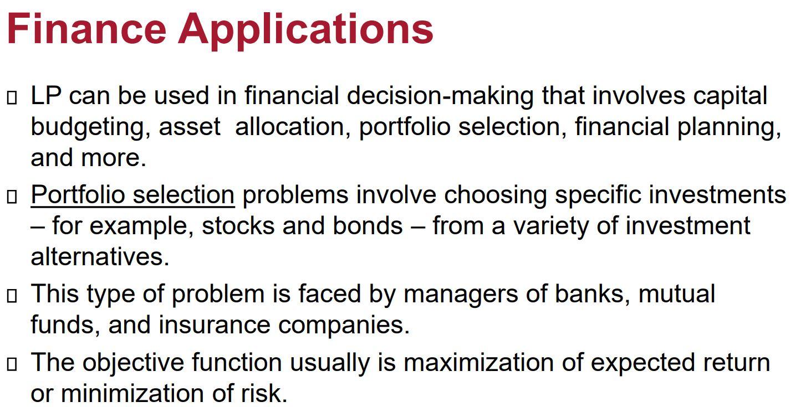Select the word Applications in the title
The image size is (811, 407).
point(305,32)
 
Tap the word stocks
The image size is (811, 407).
point(238,226)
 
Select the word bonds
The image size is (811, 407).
point(367,226)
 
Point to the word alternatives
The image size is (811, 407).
point(100,257)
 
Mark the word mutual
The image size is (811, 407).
point(677,293)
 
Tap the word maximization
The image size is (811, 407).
point(478,362)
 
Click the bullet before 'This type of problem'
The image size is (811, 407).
point(12,296)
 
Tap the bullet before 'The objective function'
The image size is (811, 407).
point(12,364)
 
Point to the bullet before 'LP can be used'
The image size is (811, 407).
point(12,97)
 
